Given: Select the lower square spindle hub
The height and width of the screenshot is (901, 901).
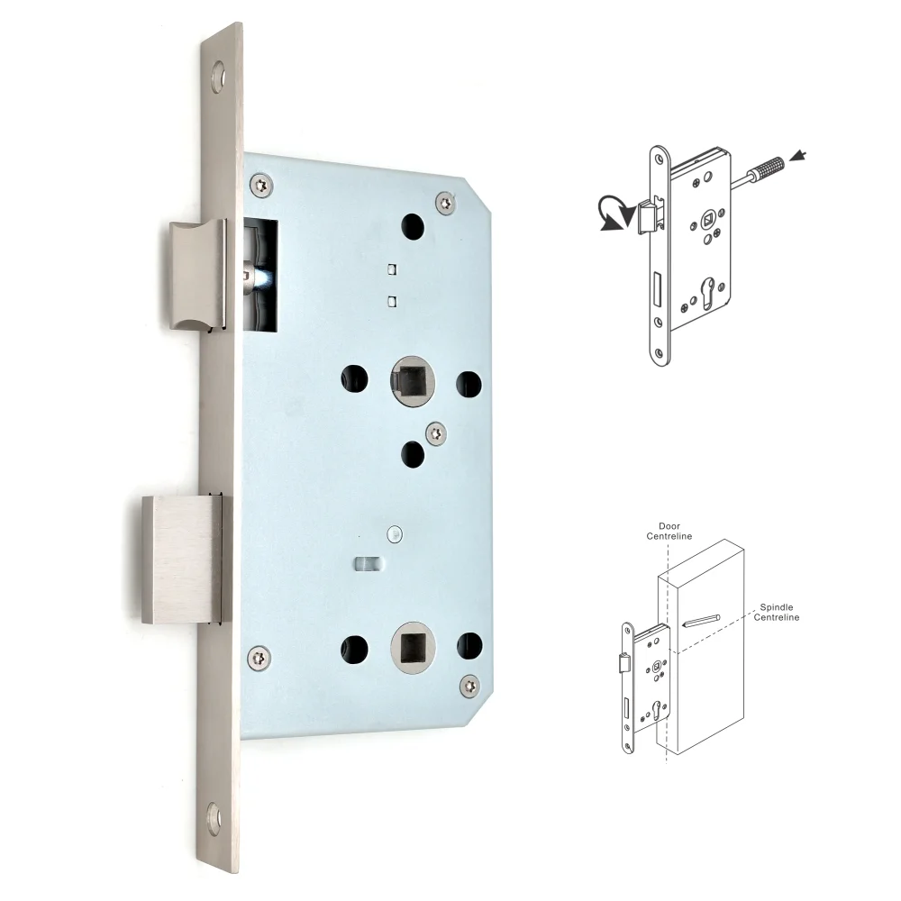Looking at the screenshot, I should point(412,648).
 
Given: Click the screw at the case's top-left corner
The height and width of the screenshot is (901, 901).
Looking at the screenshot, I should point(260,185).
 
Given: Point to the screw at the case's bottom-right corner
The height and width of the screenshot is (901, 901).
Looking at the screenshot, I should point(469,687).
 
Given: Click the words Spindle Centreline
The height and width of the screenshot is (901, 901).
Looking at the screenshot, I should point(777,612).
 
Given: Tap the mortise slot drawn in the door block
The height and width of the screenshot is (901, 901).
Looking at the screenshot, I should point(700,620).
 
